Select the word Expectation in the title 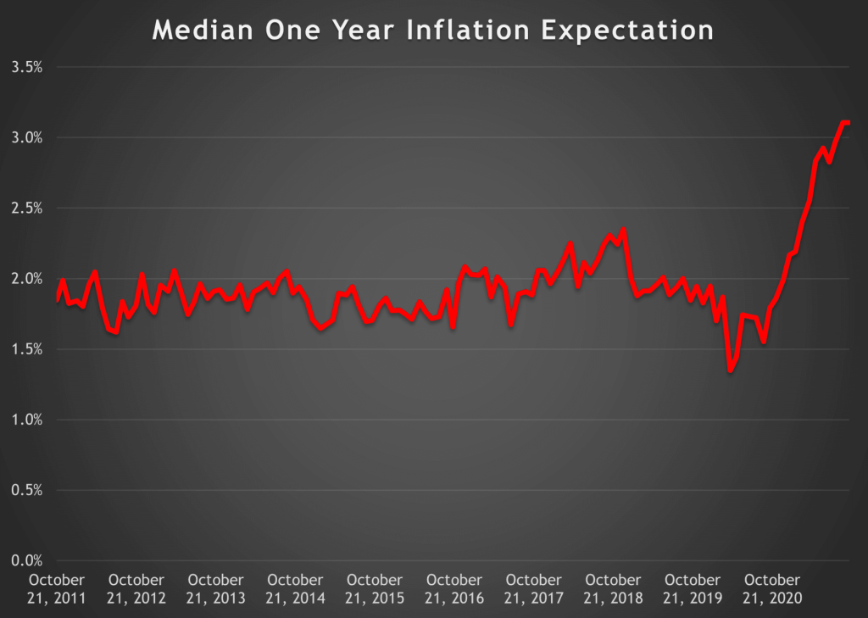pyautogui.click(x=624, y=31)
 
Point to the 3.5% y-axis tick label pyautogui.click(x=26, y=67)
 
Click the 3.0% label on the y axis pyautogui.click(x=26, y=137)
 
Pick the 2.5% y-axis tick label pyautogui.click(x=26, y=208)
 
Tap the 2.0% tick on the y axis pyautogui.click(x=26, y=278)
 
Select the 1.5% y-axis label pyautogui.click(x=26, y=349)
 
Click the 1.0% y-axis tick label pyautogui.click(x=26, y=420)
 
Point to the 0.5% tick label pyautogui.click(x=26, y=490)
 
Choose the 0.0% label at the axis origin pyautogui.click(x=26, y=560)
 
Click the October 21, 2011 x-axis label pyautogui.click(x=57, y=589)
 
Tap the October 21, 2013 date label pyautogui.click(x=215, y=589)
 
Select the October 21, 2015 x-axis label pyautogui.click(x=375, y=589)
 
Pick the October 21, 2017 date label pyautogui.click(x=534, y=589)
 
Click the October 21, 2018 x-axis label pyautogui.click(x=614, y=589)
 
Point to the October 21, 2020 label pyautogui.click(x=772, y=589)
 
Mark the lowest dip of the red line pyautogui.click(x=730, y=370)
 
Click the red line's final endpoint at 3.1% pyautogui.click(x=849, y=123)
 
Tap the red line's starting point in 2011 pyautogui.click(x=58, y=299)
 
